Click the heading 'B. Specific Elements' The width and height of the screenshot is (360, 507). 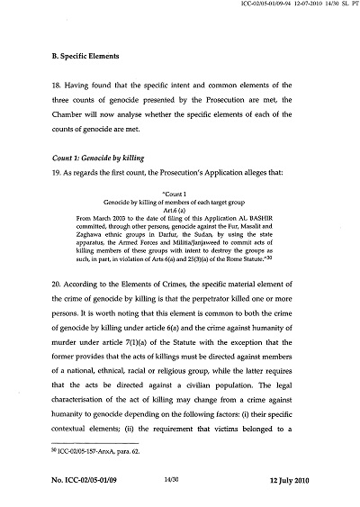tap(86, 56)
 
